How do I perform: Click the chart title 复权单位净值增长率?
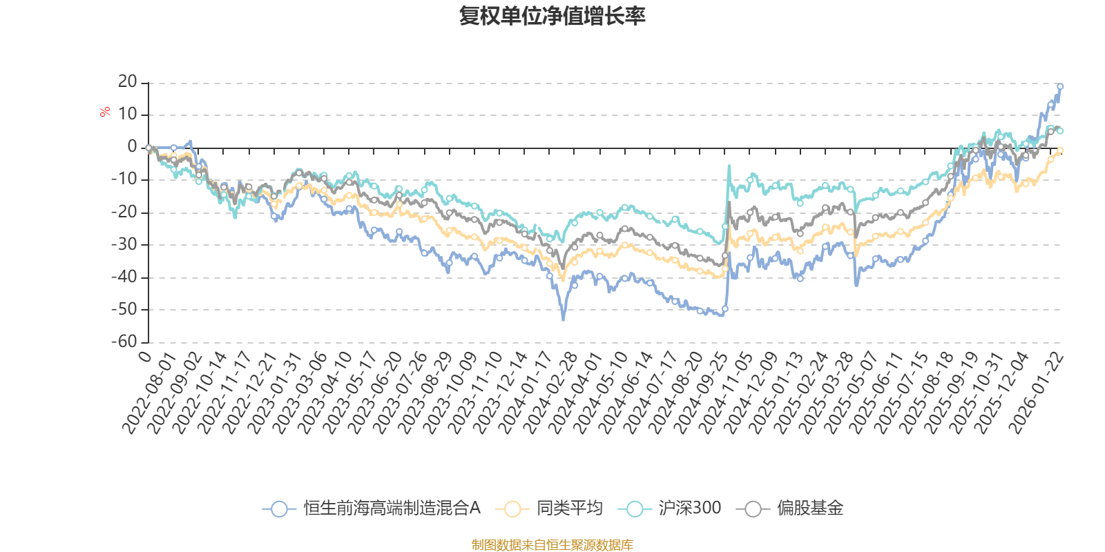click(x=552, y=17)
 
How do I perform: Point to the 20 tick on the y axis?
click(x=128, y=82)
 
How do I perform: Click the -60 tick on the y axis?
click(x=124, y=342)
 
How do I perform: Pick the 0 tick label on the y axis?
click(x=132, y=147)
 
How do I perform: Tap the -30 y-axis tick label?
click(x=124, y=244)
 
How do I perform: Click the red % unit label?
click(x=105, y=111)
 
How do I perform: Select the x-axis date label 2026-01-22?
click(x=1036, y=393)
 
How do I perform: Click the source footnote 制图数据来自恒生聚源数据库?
click(x=552, y=545)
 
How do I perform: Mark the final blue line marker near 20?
click(x=1060, y=87)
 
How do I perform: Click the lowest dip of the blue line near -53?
click(x=564, y=319)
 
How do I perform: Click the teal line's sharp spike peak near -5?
click(x=729, y=166)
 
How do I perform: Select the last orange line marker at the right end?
click(x=1060, y=150)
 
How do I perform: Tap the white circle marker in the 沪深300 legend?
click(x=635, y=509)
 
